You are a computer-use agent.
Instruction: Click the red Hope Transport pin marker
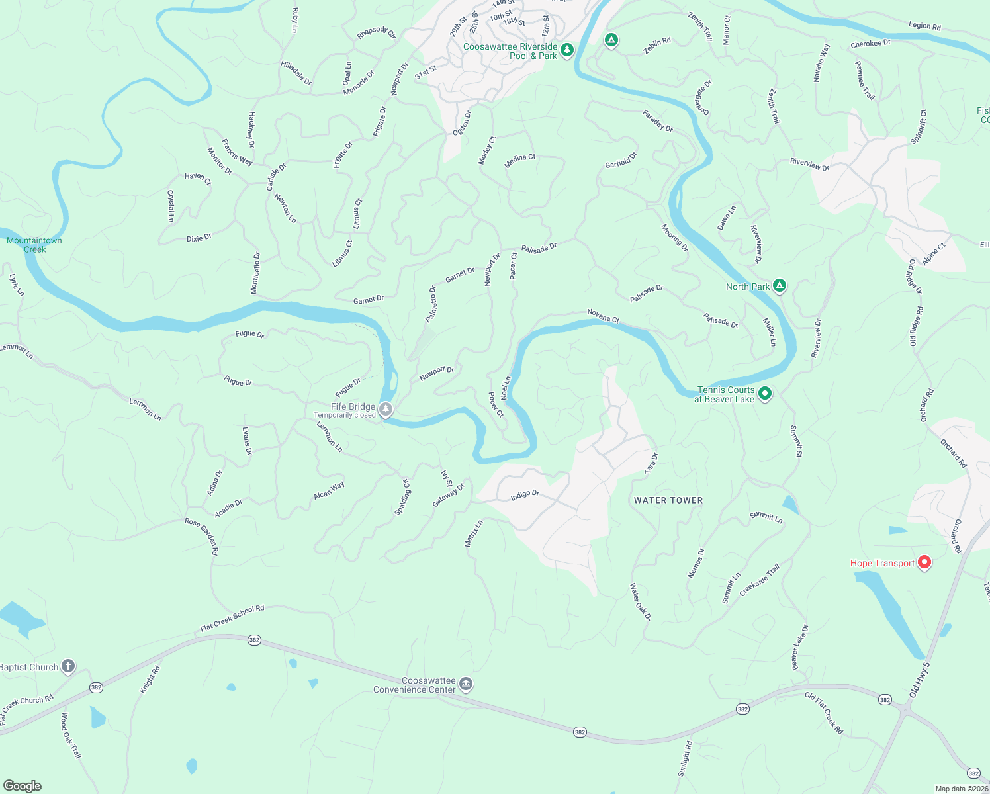pyautogui.click(x=924, y=562)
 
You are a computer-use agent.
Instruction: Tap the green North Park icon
pyautogui.click(x=780, y=286)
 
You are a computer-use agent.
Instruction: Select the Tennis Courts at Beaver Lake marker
pyautogui.click(x=765, y=394)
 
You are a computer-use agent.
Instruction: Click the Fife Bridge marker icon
pyautogui.click(x=386, y=410)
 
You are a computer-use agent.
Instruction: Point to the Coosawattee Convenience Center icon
pyautogui.click(x=466, y=684)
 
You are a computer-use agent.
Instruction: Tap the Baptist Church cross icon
pyautogui.click(x=68, y=666)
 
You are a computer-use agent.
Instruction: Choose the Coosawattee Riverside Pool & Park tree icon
pyautogui.click(x=566, y=50)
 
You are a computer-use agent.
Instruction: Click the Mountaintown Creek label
pyautogui.click(x=34, y=245)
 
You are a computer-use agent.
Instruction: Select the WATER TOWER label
pyautogui.click(x=668, y=500)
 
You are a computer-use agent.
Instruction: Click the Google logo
pyautogui.click(x=22, y=786)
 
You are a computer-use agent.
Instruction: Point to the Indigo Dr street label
pyautogui.click(x=525, y=494)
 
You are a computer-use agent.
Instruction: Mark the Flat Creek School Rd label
pyautogui.click(x=232, y=619)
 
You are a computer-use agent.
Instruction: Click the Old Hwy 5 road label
pyautogui.click(x=919, y=680)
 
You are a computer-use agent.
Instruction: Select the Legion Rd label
pyautogui.click(x=924, y=26)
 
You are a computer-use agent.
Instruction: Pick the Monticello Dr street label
pyautogui.click(x=255, y=273)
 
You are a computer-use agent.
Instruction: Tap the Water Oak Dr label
pyautogui.click(x=640, y=601)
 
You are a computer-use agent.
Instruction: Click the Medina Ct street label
pyautogui.click(x=519, y=161)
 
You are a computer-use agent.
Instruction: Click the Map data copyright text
pyautogui.click(x=961, y=789)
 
